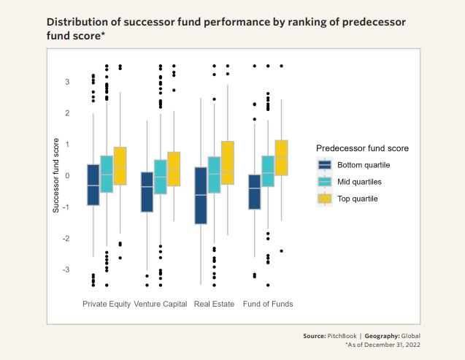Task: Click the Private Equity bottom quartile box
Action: click(93, 185)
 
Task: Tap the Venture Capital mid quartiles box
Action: click(161, 177)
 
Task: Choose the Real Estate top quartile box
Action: click(227, 162)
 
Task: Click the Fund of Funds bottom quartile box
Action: click(254, 192)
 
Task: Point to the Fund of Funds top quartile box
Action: click(281, 157)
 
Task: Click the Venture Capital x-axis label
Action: click(161, 304)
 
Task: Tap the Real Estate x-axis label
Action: click(213, 304)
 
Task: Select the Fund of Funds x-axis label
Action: click(268, 304)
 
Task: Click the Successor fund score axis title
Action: click(55, 176)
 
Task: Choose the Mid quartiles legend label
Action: click(360, 181)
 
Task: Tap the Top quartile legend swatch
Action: click(325, 198)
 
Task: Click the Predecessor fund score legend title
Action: click(362, 148)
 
